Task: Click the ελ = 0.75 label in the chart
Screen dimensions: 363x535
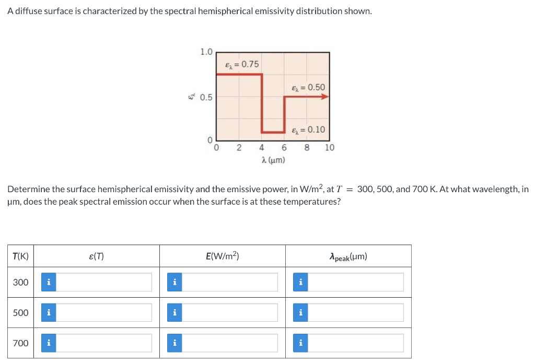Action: point(241,64)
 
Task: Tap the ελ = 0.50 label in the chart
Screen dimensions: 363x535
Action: point(308,87)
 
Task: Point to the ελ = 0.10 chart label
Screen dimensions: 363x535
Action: point(308,130)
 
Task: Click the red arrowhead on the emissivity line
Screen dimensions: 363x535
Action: point(324,97)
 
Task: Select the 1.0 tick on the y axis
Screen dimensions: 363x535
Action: point(206,52)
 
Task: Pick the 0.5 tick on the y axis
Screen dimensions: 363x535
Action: point(206,97)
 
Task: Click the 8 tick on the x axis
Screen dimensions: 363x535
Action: point(307,147)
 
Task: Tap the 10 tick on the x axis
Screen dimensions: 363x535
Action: point(330,147)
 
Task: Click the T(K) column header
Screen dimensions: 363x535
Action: point(21,256)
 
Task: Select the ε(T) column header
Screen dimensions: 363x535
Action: point(97,256)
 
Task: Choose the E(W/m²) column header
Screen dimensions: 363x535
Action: point(223,256)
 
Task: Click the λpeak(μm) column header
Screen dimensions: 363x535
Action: point(348,256)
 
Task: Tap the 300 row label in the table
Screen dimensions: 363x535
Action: point(21,282)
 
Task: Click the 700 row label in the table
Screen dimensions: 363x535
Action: point(21,343)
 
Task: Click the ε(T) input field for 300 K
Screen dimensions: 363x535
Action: point(104,282)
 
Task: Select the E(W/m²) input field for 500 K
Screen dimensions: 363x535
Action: point(230,312)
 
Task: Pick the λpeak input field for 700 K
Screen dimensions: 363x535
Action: point(355,343)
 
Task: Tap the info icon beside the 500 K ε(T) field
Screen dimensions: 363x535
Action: point(49,312)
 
